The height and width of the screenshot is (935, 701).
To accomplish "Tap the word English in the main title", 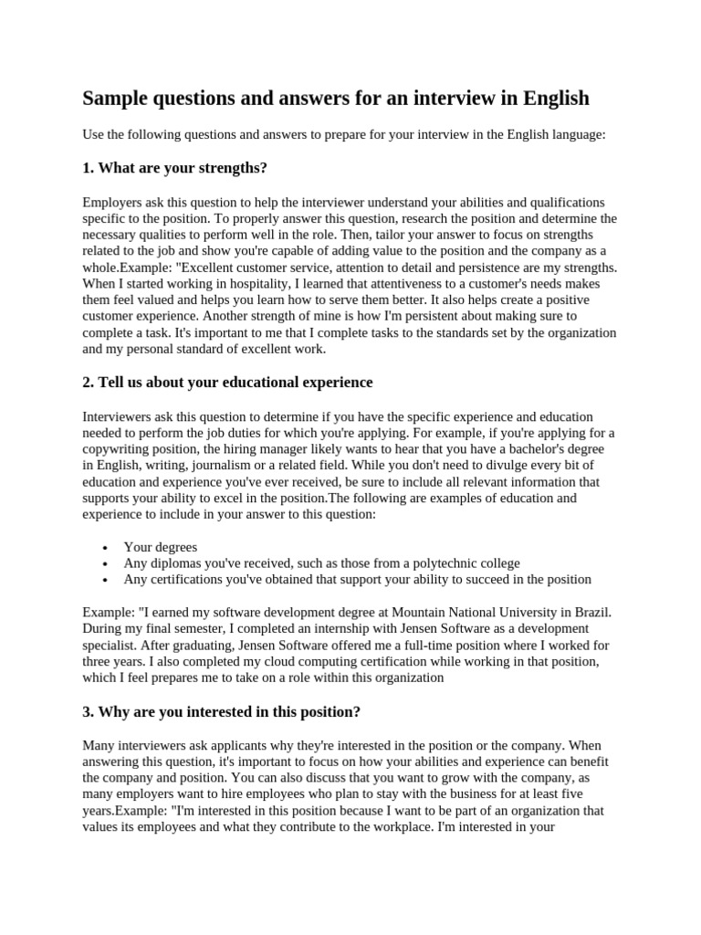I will [x=549, y=98].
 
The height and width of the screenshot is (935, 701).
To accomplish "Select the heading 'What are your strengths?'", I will [x=174, y=168].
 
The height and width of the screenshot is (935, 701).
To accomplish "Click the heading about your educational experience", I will [x=227, y=382].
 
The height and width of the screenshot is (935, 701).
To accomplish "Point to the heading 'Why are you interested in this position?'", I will [x=222, y=711].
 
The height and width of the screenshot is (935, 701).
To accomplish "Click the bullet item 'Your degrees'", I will [x=160, y=547].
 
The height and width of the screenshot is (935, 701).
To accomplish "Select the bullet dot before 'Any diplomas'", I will [x=107, y=563].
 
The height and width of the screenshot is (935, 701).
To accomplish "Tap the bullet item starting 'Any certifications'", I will [x=357, y=579].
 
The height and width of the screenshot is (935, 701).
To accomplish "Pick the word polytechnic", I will [x=442, y=563].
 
